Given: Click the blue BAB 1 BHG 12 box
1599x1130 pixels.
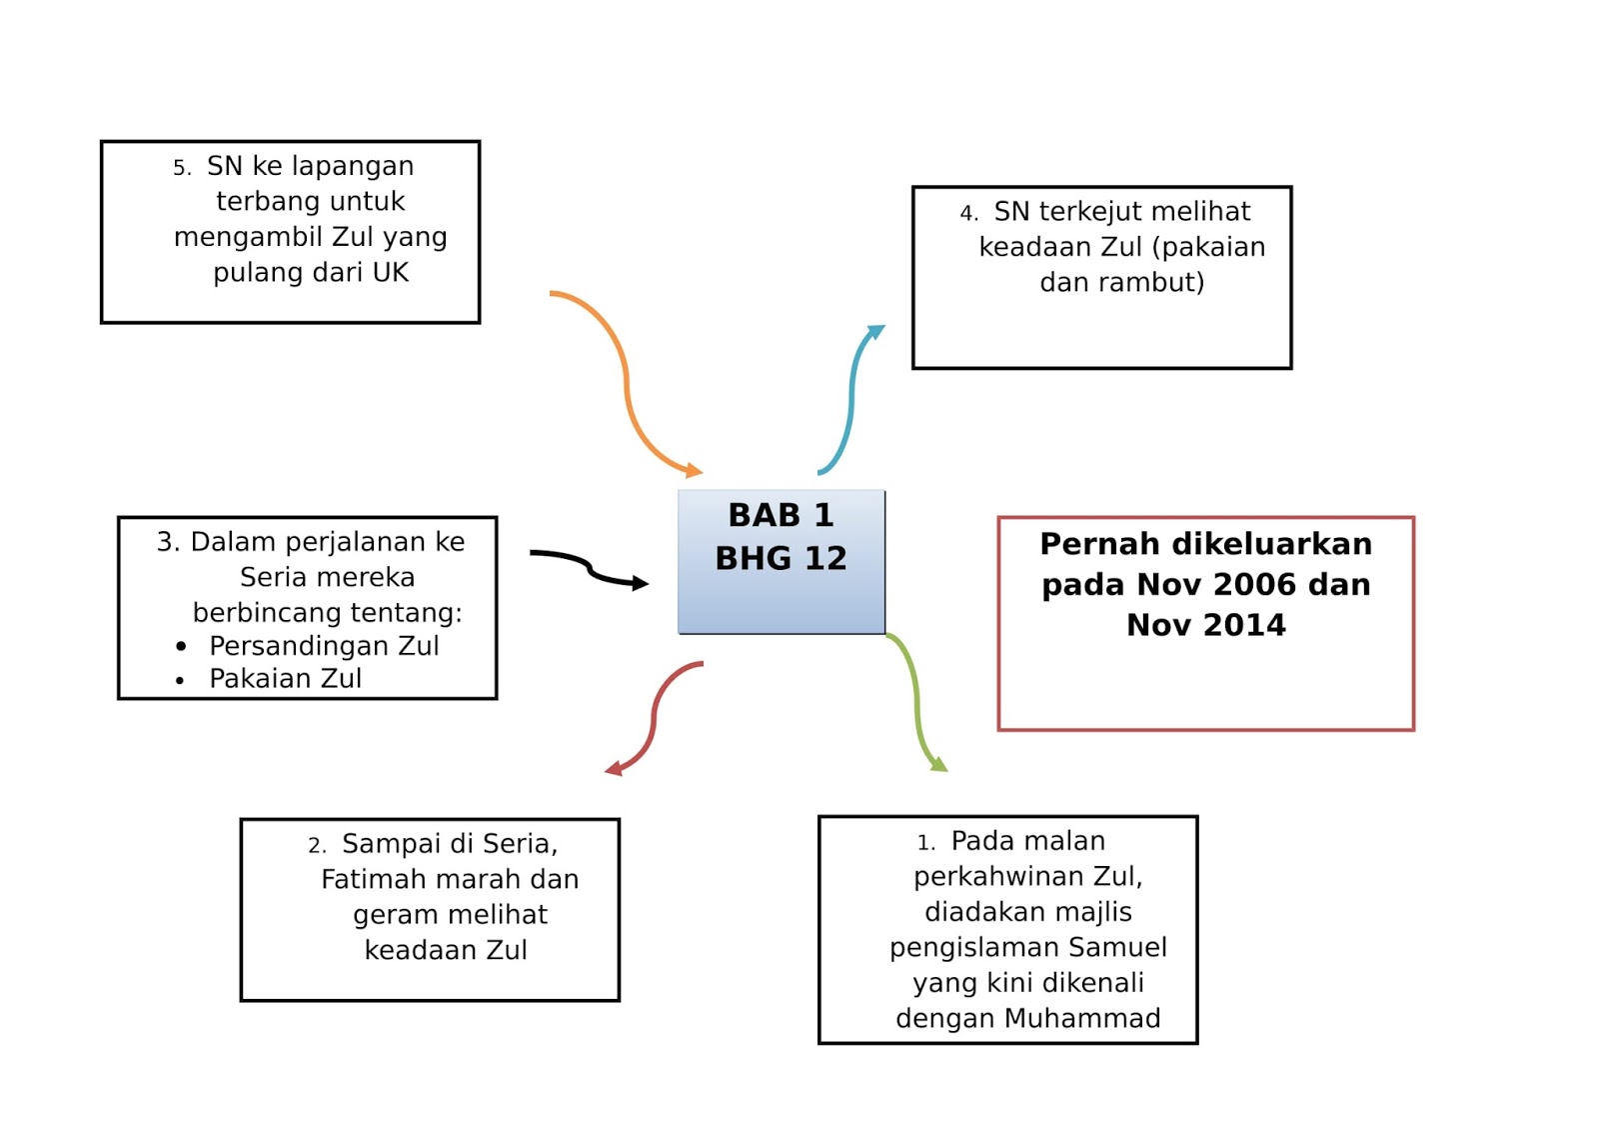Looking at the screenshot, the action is [x=781, y=561].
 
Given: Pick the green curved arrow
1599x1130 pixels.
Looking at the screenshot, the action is [x=916, y=701].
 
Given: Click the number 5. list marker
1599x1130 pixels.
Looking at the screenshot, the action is [x=181, y=168].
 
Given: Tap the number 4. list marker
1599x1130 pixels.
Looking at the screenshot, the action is [x=968, y=213].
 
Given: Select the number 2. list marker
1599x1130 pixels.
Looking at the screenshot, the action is [x=317, y=846].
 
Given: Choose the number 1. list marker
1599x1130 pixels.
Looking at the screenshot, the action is [x=925, y=843].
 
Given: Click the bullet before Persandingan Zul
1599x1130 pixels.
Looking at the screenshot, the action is [x=181, y=646].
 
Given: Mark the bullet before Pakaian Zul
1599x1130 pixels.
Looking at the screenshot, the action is [x=181, y=680].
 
